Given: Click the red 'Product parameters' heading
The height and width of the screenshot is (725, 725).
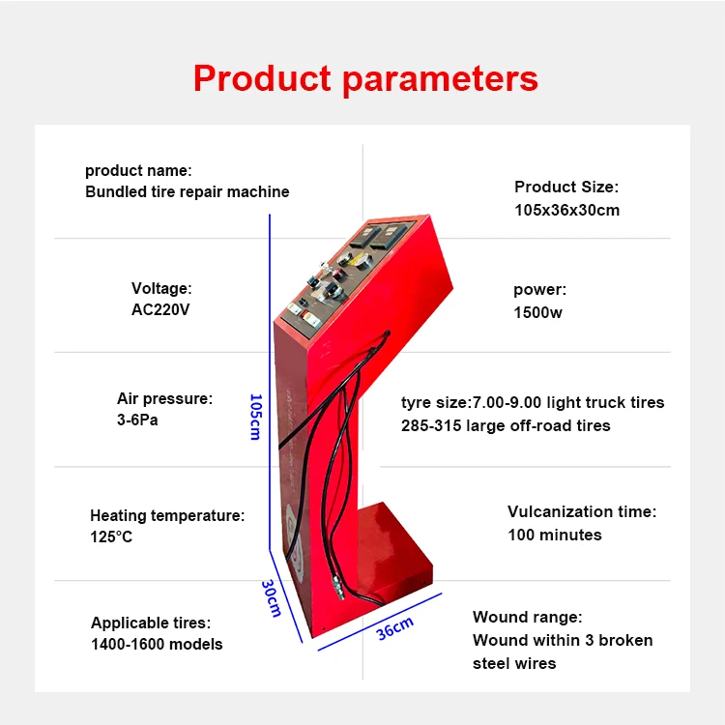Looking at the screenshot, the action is pos(365,77).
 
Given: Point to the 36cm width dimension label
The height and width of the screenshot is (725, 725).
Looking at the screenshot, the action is pos(394,627).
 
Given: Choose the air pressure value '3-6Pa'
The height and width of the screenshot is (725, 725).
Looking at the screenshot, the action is pos(137,421).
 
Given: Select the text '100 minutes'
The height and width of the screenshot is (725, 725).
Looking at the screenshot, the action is pos(555,535).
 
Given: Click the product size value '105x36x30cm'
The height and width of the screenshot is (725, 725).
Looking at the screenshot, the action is pos(567,210).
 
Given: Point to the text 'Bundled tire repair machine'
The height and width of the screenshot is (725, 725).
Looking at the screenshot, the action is pos(188,191).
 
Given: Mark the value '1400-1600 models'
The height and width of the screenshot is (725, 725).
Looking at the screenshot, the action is pos(157,644).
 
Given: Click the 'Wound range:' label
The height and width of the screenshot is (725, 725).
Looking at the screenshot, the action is pos(528,617).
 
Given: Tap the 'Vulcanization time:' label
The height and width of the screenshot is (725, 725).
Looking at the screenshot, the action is pos(582,511).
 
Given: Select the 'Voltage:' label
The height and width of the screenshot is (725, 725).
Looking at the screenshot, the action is pos(161,288).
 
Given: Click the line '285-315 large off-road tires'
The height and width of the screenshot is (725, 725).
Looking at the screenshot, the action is pos(506,425).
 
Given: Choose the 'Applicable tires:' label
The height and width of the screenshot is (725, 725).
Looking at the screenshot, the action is pos(150,623).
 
